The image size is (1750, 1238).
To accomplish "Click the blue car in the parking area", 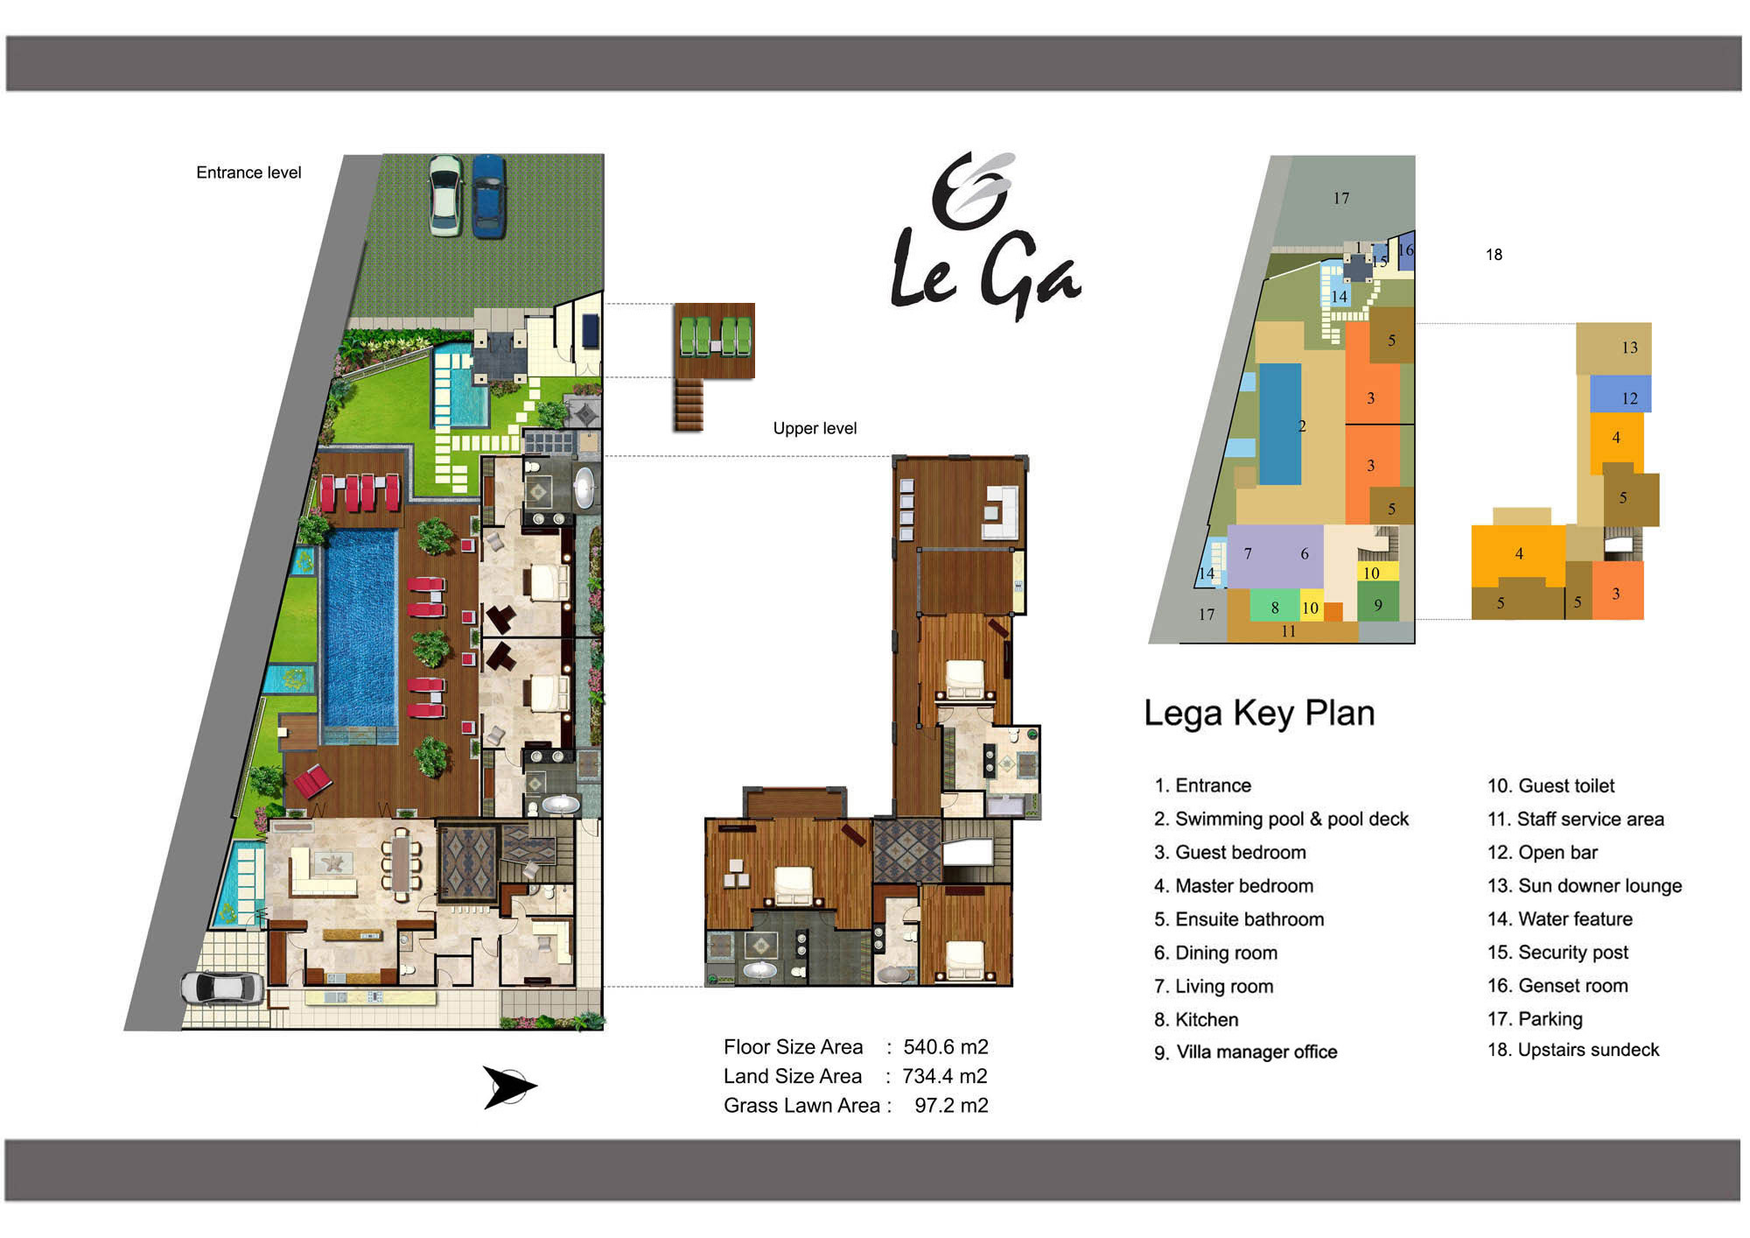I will tap(488, 196).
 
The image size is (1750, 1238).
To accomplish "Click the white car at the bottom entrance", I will tap(223, 988).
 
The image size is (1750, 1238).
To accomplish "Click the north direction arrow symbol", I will tap(509, 1087).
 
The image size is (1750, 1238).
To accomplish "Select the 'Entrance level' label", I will tap(248, 172).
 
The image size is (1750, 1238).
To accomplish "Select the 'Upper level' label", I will tap(815, 428).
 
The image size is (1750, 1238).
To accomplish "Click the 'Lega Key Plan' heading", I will tap(1258, 713).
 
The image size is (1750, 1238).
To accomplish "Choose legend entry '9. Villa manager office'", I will tap(1245, 1052).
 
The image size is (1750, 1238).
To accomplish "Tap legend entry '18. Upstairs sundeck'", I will tap(1573, 1050).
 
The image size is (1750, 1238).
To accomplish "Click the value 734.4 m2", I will tap(945, 1076).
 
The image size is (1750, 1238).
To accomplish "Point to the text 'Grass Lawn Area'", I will tap(801, 1106).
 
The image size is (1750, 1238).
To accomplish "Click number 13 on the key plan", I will tap(1629, 348).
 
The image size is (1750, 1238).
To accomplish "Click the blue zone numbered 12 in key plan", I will tap(1620, 394).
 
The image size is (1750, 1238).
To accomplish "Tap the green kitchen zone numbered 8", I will tap(1275, 606).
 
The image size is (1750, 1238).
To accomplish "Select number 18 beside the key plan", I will tap(1494, 255).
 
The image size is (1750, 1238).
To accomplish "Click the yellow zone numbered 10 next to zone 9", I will tap(1371, 573).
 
